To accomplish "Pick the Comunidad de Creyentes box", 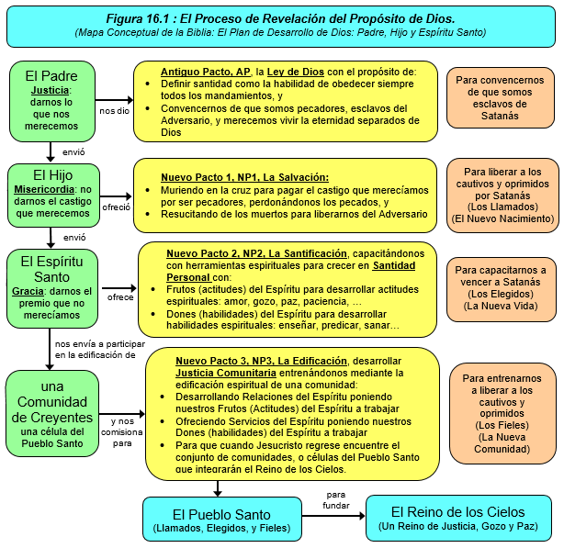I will tap(51, 412).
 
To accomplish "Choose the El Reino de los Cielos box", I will tap(459, 519).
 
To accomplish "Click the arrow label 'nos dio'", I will tap(115, 110).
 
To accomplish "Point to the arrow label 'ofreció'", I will tap(118, 207).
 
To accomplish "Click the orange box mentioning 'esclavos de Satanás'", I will tap(499, 98).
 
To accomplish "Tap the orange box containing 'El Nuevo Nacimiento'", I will tap(502, 196).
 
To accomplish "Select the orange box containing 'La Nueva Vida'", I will tap(502, 287).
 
